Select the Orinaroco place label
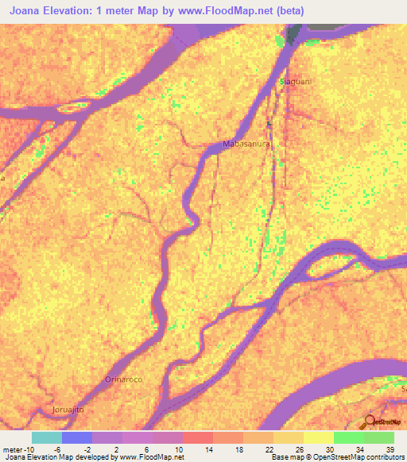point(123,379)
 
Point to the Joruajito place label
point(68,409)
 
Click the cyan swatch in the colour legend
point(47,437)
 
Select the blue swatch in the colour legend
point(77,437)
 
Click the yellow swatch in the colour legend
point(318,437)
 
